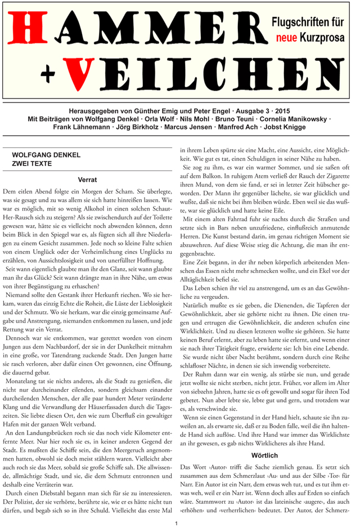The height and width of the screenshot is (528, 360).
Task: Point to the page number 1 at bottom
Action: click(176, 523)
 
